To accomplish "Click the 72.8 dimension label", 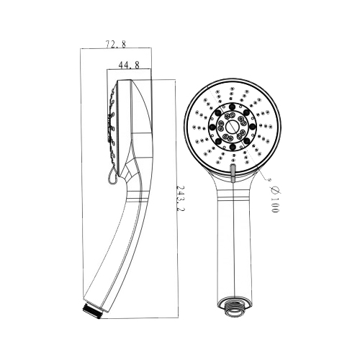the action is coord(116,44).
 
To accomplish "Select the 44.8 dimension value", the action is coord(129,65).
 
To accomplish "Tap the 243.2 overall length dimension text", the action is coord(181,198).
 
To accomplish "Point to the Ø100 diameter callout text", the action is coord(274,199).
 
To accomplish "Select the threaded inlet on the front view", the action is coord(234,307).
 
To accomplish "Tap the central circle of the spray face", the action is coord(232,126).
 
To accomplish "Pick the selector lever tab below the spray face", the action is coord(233,171).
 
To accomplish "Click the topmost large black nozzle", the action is coord(233,107).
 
